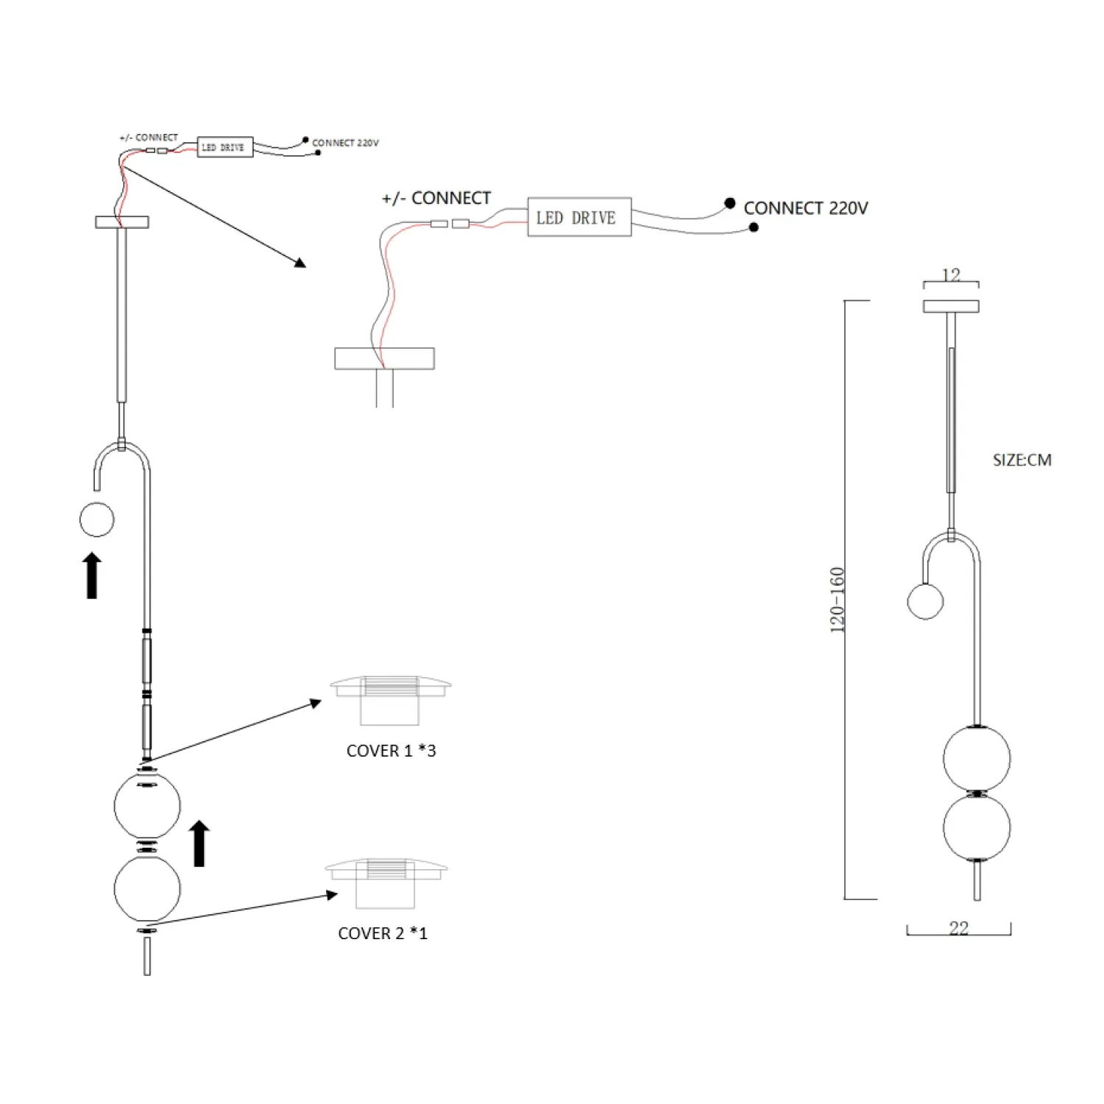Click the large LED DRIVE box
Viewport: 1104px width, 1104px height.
pyautogui.click(x=579, y=217)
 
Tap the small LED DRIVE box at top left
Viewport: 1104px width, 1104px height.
pyautogui.click(x=224, y=147)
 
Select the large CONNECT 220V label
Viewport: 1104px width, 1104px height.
pyautogui.click(x=805, y=208)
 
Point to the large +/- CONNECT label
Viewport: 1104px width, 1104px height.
pyautogui.click(x=436, y=198)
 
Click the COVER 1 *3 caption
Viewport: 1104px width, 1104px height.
pyautogui.click(x=391, y=751)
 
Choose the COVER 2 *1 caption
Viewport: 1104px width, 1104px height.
pyautogui.click(x=382, y=933)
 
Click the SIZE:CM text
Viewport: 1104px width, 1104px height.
pyautogui.click(x=1022, y=460)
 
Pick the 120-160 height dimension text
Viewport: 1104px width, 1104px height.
pyautogui.click(x=838, y=600)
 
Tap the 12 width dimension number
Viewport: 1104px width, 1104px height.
pyautogui.click(x=951, y=275)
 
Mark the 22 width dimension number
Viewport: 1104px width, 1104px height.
pyautogui.click(x=958, y=928)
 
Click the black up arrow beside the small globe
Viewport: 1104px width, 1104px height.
pyautogui.click(x=92, y=576)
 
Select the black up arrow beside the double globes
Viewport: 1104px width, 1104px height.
pyautogui.click(x=199, y=844)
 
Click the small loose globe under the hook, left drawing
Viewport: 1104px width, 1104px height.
pyautogui.click(x=97, y=520)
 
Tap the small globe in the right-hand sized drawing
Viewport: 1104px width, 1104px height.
pyautogui.click(x=925, y=601)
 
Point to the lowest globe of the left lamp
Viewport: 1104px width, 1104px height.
pyautogui.click(x=147, y=889)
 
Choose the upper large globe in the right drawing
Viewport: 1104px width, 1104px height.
pyautogui.click(x=977, y=758)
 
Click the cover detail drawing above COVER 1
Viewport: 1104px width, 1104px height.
pyautogui.click(x=390, y=699)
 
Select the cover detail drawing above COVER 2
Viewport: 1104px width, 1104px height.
pyautogui.click(x=386, y=881)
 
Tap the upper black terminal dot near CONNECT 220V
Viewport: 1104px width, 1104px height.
pyautogui.click(x=729, y=202)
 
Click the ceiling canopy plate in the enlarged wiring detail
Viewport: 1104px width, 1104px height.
pyautogui.click(x=384, y=358)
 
